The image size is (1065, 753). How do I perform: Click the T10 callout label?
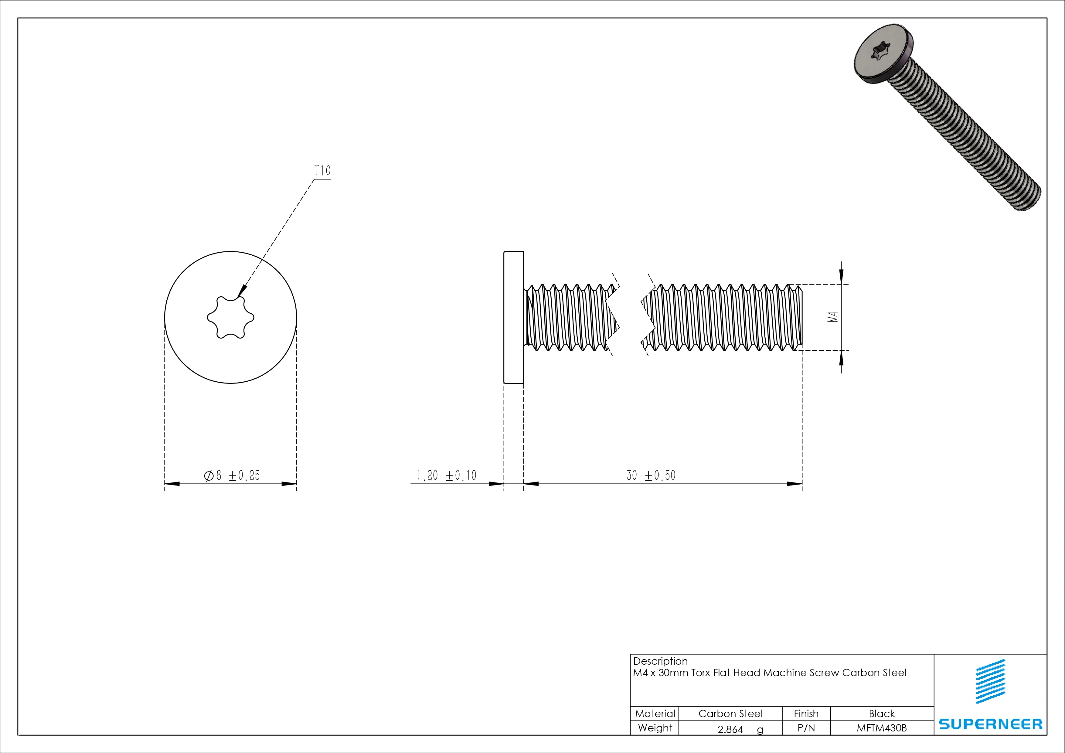[322, 171]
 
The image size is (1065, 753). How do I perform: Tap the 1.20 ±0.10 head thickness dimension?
[446, 475]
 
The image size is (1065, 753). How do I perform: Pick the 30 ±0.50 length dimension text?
[651, 475]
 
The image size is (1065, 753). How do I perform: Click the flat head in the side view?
[513, 317]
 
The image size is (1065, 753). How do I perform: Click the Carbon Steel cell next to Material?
[730, 714]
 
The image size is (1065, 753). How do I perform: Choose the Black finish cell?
[881, 714]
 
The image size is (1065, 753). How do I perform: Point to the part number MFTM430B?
[881, 728]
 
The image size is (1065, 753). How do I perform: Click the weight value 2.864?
[730, 729]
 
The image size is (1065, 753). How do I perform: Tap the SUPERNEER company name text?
[990, 724]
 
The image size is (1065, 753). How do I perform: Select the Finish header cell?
[806, 714]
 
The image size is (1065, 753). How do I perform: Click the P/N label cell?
[806, 728]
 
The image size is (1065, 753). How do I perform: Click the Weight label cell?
[655, 728]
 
